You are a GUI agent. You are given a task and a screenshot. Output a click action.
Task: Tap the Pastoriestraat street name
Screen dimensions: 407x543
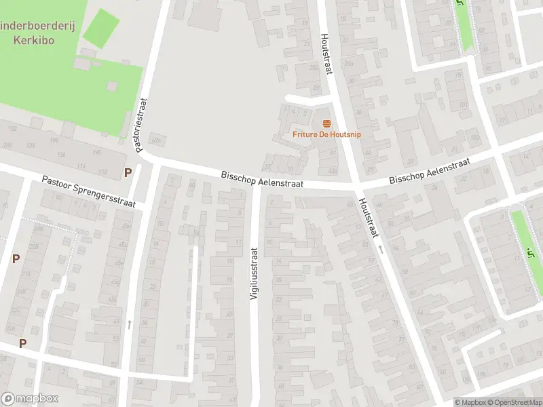coord(142,126)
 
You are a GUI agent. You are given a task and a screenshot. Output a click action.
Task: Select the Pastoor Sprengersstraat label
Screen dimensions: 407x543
coord(88,192)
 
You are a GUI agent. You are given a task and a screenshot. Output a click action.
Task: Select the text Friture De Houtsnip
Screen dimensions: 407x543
coord(326,134)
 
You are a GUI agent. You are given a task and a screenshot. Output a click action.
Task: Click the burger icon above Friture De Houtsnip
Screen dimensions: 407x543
coord(326,123)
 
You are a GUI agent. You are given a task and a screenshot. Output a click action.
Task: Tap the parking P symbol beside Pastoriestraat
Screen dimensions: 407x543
coord(128,172)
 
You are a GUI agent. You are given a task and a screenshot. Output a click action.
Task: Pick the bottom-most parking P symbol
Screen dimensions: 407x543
coord(22,343)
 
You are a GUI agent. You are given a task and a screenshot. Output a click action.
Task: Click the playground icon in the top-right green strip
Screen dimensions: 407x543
coord(462,3)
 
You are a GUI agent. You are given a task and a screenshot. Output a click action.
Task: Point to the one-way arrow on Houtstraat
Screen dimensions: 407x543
coord(381,250)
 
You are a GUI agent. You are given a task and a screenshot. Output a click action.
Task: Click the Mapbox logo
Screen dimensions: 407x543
coord(30,399)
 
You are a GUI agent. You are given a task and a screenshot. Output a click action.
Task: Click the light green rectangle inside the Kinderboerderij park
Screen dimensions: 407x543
coord(100,28)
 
